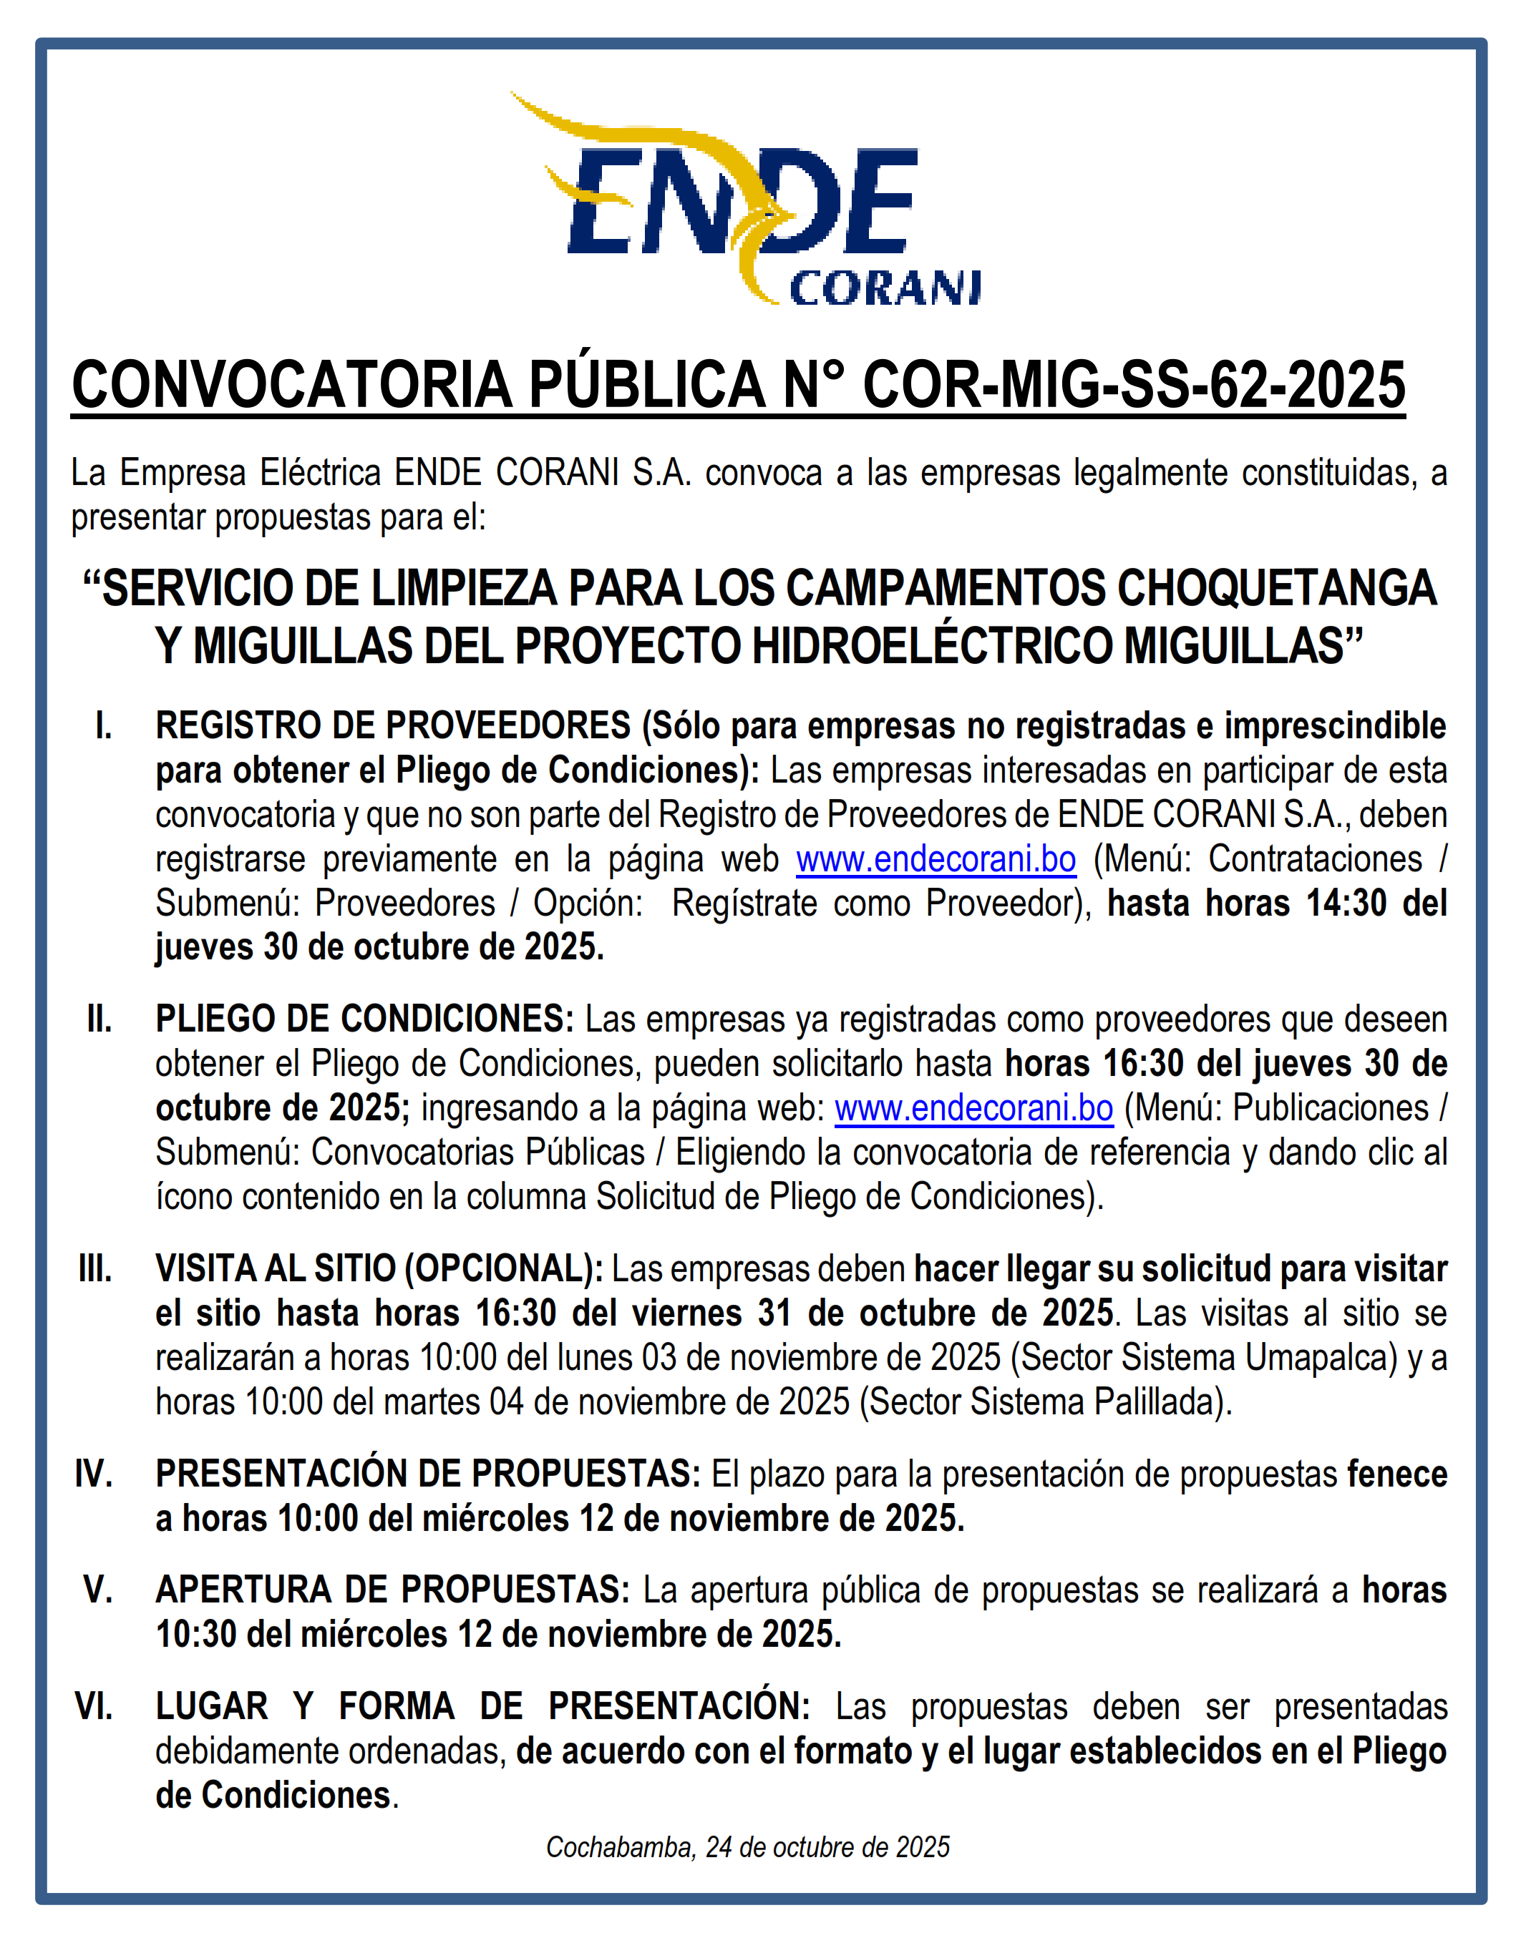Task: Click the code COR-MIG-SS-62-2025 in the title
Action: coord(1134,386)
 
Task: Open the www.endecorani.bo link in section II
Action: coord(973,1109)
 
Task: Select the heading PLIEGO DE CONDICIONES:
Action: coord(365,1019)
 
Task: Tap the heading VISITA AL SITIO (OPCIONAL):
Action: coord(379,1269)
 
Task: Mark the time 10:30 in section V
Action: coord(196,1635)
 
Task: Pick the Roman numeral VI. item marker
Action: coord(94,1707)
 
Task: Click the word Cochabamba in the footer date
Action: coord(620,1848)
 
